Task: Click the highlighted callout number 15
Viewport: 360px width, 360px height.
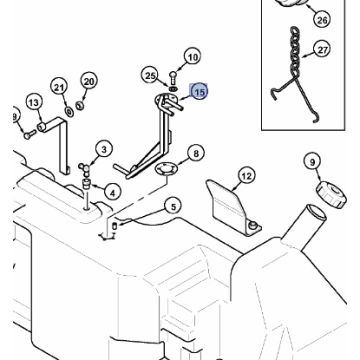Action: click(199, 92)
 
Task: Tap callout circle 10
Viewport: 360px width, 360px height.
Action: click(193, 57)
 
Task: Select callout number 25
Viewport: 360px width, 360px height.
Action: click(150, 76)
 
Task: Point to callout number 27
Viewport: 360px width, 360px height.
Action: click(322, 50)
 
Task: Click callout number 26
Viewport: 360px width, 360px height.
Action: click(322, 20)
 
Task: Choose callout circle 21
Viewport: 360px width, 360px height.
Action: click(59, 88)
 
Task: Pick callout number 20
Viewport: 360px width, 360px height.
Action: click(89, 82)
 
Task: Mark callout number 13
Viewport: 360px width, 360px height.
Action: click(34, 103)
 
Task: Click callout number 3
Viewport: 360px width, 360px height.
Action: click(104, 150)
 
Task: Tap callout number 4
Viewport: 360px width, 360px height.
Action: click(112, 192)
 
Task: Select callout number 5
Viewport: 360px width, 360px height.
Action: click(173, 207)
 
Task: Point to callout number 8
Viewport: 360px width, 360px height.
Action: click(196, 154)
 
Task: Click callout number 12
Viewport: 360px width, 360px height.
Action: click(246, 176)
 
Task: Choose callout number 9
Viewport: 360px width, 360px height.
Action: click(312, 162)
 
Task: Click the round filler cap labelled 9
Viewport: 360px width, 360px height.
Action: click(331, 194)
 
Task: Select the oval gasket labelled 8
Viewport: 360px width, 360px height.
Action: click(166, 169)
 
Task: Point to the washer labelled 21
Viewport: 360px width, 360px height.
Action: click(70, 111)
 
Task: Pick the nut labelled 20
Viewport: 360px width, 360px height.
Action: click(80, 106)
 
